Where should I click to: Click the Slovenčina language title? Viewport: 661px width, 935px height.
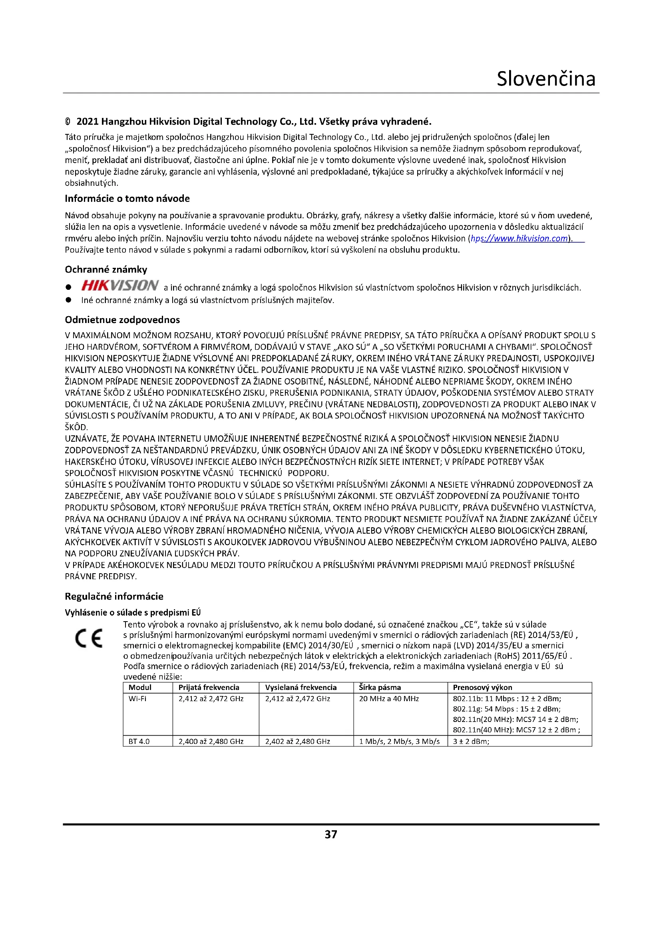[546, 79]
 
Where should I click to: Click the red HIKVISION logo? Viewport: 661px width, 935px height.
[119, 285]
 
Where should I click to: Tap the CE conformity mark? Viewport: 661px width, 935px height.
[89, 639]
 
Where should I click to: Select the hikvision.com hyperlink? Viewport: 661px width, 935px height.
[519, 239]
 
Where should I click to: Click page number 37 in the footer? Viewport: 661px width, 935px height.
[330, 834]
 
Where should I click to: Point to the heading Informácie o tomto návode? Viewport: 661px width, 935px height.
[127, 199]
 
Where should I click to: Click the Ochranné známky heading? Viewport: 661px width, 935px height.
[106, 269]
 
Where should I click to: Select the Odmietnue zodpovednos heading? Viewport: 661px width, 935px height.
[122, 320]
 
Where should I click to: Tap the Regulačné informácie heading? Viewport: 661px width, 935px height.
[114, 596]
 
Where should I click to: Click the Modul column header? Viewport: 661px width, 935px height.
[139, 688]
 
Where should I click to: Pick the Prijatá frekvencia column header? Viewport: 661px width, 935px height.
[209, 688]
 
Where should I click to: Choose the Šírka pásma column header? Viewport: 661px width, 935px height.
[380, 688]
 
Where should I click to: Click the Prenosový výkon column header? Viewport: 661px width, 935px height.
[482, 688]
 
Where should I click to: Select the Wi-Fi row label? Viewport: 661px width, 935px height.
[137, 699]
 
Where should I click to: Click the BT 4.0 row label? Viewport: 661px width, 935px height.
[139, 742]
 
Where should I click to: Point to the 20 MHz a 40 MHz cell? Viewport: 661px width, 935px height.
[389, 699]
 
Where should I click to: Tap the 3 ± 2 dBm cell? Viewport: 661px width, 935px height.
[471, 742]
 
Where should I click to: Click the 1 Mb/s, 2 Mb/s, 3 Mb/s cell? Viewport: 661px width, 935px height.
[399, 742]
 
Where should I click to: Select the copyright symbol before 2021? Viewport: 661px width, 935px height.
[68, 122]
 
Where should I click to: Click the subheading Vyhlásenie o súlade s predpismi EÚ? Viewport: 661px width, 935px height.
[133, 613]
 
